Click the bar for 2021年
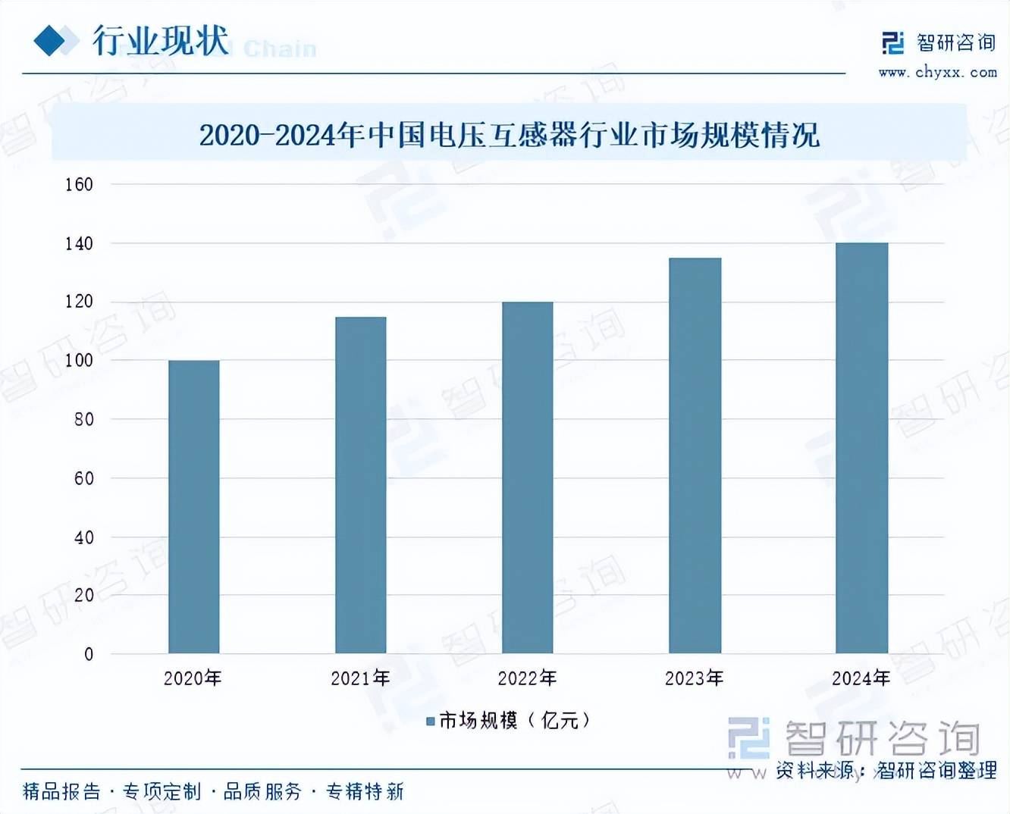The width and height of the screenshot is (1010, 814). pos(361,485)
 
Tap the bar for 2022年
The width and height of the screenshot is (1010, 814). pos(528,477)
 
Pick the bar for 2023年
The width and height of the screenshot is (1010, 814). pos(695,455)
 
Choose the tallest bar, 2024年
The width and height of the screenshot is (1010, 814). pos(861,447)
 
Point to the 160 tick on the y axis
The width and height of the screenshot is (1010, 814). pos(79,184)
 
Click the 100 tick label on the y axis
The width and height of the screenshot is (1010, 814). pos(79,361)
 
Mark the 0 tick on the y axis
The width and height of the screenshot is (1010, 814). pos(89,654)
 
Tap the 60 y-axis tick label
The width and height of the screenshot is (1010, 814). pos(83,478)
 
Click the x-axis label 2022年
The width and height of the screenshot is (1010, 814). pos(528,678)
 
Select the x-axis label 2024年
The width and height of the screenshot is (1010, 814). pos(861,678)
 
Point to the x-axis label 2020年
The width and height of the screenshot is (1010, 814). pos(193,678)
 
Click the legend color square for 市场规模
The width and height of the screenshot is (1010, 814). pos(431,721)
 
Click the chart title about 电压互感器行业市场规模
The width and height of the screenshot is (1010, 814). pos(510,136)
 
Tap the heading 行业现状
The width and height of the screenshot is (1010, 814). pos(161,40)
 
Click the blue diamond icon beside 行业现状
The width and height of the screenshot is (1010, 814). pos(52,40)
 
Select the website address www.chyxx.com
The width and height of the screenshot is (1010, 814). pos(938,73)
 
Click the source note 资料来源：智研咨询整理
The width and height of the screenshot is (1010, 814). pos(886,771)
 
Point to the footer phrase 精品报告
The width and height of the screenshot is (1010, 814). pos(61,792)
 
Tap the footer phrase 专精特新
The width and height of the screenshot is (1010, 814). pos(365,792)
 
